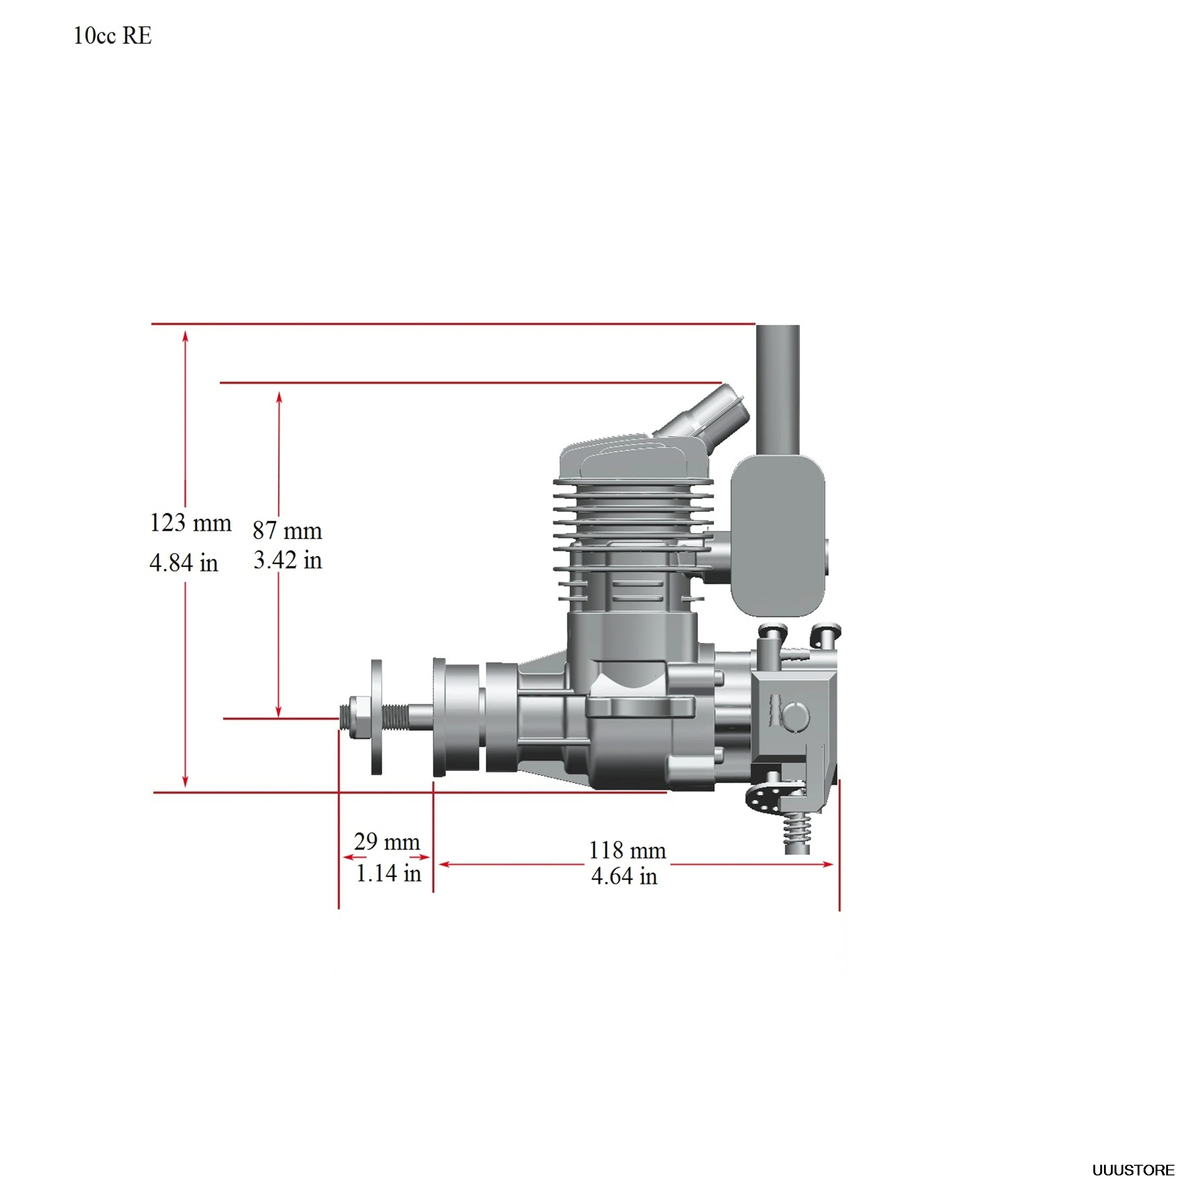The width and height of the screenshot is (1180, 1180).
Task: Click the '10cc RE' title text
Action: click(112, 36)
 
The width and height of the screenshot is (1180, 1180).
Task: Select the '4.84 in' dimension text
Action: click(183, 562)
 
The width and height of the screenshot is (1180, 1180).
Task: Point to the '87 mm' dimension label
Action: click(287, 531)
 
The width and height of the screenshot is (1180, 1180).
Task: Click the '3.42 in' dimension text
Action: click(287, 560)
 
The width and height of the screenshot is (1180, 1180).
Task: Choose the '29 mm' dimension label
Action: click(387, 842)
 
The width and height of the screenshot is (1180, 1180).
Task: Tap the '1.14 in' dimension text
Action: click(389, 873)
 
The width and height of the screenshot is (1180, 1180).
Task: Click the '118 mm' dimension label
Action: click(627, 850)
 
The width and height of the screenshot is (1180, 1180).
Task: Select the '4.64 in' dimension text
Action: click(624, 876)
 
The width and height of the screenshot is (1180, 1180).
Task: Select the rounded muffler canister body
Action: click(778, 537)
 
